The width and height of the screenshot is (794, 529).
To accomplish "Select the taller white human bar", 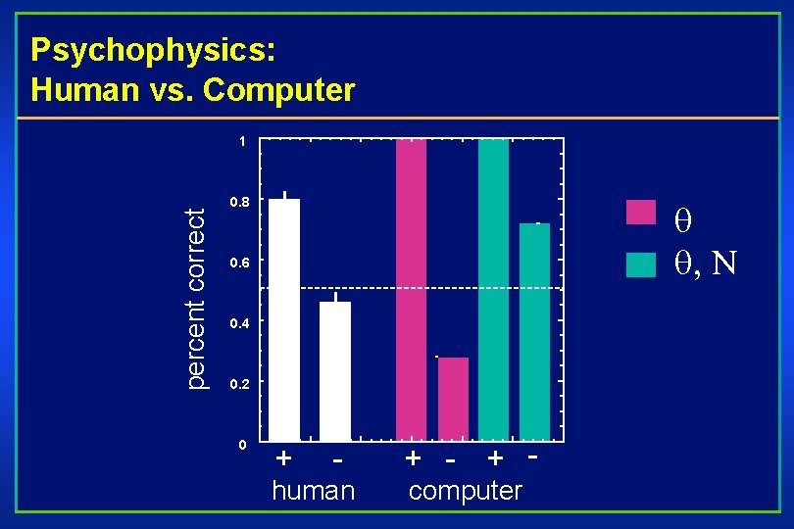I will pos(284,318).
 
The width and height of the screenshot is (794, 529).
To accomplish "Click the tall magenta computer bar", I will pos(412,289).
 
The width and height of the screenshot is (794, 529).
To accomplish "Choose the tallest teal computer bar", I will pos(493,289).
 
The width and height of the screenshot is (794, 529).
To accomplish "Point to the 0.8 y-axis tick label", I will pos(238,203).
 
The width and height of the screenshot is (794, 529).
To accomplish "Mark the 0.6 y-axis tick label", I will pos(238,264).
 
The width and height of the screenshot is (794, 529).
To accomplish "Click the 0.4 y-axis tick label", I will pos(238,323).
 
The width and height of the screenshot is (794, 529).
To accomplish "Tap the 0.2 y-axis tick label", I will pos(238,384).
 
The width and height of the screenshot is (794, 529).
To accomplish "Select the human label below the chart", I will pos(313,490).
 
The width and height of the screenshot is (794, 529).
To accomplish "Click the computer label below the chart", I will pos(466,490).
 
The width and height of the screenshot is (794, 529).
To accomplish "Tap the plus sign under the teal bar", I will pos(496,457).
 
